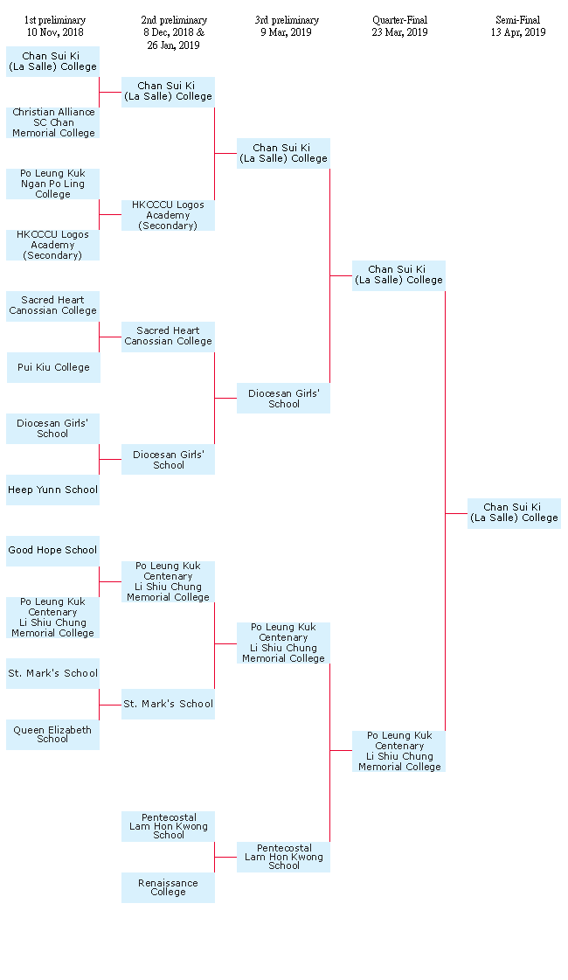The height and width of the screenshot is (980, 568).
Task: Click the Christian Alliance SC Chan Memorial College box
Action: point(53,122)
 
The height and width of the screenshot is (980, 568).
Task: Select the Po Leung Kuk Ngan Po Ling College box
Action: point(53,184)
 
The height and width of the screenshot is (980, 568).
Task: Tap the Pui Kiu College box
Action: point(53,367)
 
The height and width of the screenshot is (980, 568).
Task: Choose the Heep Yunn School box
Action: point(53,490)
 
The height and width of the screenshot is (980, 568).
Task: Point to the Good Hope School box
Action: point(53,551)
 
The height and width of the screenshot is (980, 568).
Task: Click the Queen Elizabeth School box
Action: point(53,734)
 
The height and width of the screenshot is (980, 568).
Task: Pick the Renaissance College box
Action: point(168,887)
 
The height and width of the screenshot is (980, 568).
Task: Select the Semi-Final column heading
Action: point(518,20)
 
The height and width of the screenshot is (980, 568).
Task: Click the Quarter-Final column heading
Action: point(400,20)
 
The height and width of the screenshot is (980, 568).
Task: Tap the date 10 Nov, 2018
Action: point(55,32)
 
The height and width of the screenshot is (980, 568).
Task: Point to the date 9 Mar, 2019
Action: point(287,32)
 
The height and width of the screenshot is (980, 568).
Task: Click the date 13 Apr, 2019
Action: point(518,32)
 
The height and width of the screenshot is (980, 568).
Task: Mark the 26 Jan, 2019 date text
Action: point(173,45)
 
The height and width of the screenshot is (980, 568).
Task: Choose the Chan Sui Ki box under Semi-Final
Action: point(515,513)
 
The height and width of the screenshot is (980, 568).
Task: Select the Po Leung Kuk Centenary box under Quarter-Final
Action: point(399,751)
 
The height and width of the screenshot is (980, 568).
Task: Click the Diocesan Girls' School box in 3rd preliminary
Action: point(284,398)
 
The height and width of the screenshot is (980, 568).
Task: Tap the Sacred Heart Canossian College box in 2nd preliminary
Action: point(168,337)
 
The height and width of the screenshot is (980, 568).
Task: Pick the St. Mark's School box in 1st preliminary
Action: point(53,673)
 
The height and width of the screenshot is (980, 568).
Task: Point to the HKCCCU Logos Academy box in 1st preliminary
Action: point(53,245)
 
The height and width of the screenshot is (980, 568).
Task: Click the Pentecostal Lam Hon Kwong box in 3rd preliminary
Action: point(284,857)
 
